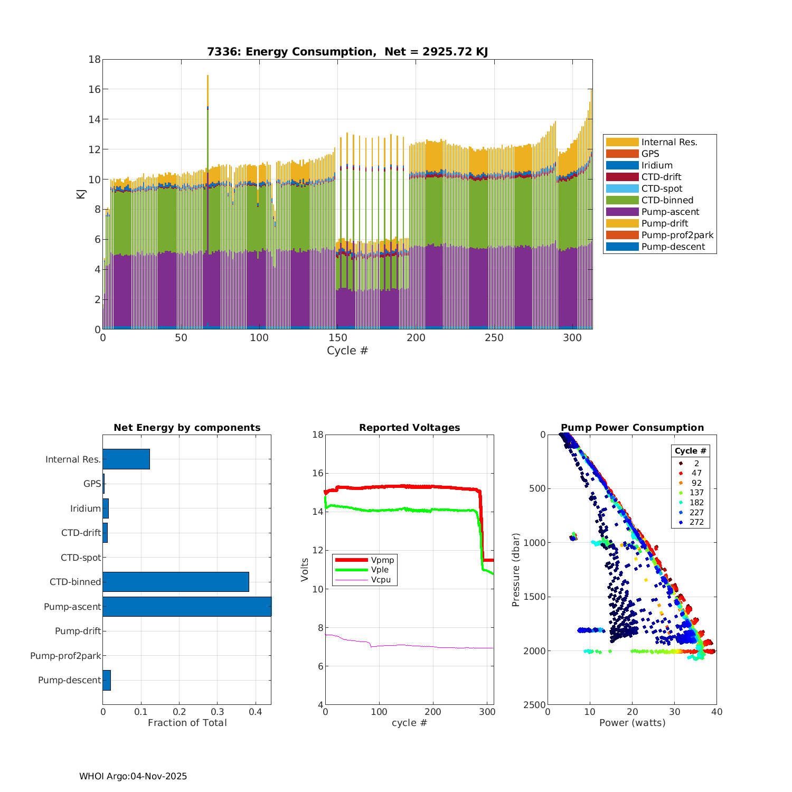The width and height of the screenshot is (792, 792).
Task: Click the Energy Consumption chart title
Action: [x=347, y=52]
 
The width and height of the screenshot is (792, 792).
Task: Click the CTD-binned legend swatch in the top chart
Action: [x=622, y=200]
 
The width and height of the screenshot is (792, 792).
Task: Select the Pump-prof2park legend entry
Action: [x=677, y=235]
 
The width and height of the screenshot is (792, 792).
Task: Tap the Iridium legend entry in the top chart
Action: [x=656, y=165]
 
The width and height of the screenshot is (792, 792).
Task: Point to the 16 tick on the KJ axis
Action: [x=95, y=89]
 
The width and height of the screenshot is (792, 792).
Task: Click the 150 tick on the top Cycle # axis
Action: [x=338, y=338]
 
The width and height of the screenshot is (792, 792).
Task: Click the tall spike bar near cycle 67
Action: [x=208, y=158]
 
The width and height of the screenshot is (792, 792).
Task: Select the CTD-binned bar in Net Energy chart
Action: [x=175, y=582]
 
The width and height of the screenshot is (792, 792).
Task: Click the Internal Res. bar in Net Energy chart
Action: [x=126, y=459]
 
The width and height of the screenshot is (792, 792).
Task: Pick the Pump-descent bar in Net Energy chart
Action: [x=107, y=680]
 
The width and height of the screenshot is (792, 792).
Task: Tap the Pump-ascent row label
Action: [x=72, y=607]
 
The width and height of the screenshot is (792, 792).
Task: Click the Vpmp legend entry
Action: [x=382, y=560]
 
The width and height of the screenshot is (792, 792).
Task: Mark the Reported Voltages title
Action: [x=409, y=428]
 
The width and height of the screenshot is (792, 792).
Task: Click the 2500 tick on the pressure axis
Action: [x=535, y=705]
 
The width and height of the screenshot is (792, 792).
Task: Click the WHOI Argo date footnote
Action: [x=133, y=776]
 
